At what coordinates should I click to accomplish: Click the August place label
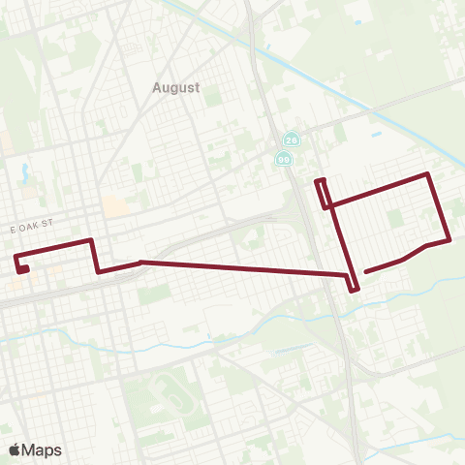(175, 87)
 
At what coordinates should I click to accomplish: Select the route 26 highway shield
(291, 139)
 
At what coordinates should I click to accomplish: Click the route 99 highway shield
(284, 159)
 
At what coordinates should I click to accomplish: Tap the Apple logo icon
(15, 449)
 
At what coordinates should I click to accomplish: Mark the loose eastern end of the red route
(366, 271)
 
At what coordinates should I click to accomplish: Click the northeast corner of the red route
(428, 174)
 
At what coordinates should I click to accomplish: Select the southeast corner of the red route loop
(449, 239)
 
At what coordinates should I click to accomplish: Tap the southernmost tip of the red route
(355, 288)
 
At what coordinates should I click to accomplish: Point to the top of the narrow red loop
(321, 180)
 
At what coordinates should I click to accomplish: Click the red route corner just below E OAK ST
(91, 239)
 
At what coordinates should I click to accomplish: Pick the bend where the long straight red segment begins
(141, 262)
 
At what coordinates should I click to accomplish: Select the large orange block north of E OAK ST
(115, 205)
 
